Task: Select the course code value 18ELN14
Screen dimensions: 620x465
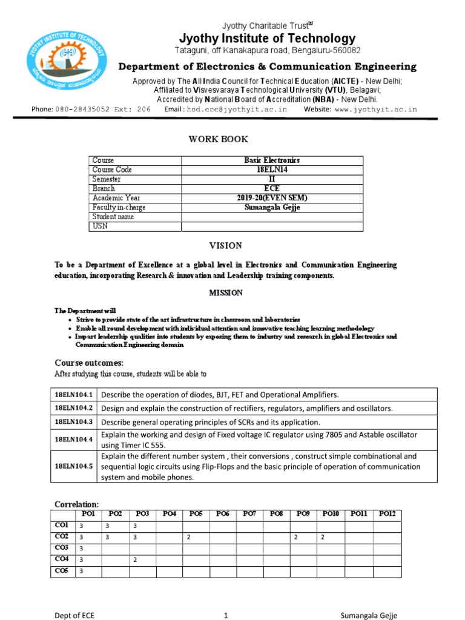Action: coord(272,170)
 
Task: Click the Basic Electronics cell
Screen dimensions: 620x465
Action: coord(272,160)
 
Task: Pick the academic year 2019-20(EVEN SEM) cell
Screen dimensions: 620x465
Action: coord(272,198)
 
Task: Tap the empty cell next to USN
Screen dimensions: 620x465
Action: coord(272,226)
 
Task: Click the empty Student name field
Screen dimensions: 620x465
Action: coord(272,217)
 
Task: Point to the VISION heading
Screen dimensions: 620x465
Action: coord(226,246)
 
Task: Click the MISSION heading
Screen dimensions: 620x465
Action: coord(226,293)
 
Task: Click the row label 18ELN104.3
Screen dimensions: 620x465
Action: coord(73,422)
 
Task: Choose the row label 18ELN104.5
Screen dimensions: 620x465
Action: coord(73,467)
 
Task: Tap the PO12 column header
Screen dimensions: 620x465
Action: coord(387,514)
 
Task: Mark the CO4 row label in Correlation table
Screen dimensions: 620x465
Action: coord(62,559)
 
